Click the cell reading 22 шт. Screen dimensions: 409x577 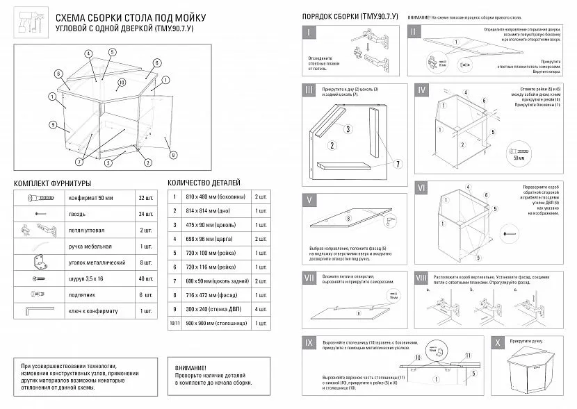pos(145,199)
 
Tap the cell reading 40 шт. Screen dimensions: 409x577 pos(145,278)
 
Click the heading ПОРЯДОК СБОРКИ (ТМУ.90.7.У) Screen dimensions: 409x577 pos(350,16)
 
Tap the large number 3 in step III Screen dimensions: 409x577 pos(348,128)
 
